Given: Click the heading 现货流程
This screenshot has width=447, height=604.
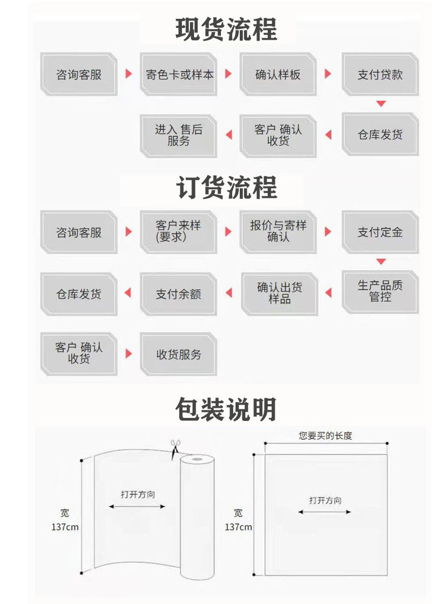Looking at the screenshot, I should (227, 29).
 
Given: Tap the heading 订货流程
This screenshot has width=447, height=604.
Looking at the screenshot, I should (227, 188).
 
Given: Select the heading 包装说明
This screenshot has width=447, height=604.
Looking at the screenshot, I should (227, 409).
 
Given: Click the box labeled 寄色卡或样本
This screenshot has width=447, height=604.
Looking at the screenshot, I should (179, 74).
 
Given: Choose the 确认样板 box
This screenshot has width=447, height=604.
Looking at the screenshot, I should (278, 74).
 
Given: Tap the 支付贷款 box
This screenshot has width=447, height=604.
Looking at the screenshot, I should (380, 74).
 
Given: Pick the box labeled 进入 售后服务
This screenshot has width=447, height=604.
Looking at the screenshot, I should (178, 135).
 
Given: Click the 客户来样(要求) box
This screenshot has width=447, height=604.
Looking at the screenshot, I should (178, 231).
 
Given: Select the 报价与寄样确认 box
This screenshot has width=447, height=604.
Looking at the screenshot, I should (278, 231).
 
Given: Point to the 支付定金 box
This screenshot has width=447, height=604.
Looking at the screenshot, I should (380, 232).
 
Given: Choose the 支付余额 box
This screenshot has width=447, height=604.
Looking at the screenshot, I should (178, 293).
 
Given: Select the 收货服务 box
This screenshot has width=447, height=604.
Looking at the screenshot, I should (178, 354).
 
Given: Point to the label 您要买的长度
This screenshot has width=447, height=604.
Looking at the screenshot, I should (325, 436).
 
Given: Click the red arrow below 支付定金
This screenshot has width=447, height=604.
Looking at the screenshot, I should (381, 261).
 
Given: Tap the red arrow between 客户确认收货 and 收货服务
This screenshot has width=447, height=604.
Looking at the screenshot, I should (129, 353).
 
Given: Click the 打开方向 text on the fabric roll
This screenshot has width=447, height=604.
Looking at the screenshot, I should (138, 494).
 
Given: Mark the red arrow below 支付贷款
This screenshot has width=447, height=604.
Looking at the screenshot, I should (381, 104).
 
